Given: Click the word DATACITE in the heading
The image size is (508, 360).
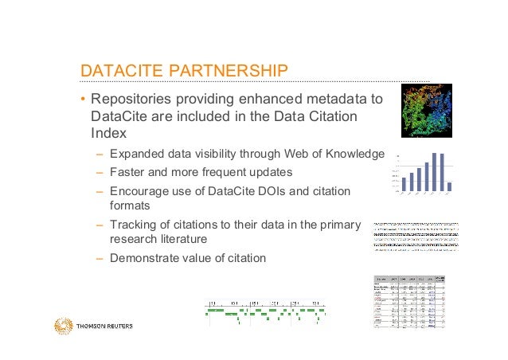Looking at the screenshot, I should [x=116, y=72].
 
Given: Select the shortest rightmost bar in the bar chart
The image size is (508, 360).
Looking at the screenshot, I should [x=450, y=187].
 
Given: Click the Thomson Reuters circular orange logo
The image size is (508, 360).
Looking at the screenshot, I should [x=63, y=326].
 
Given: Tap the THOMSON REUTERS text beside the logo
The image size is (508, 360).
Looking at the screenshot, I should [x=104, y=327].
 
